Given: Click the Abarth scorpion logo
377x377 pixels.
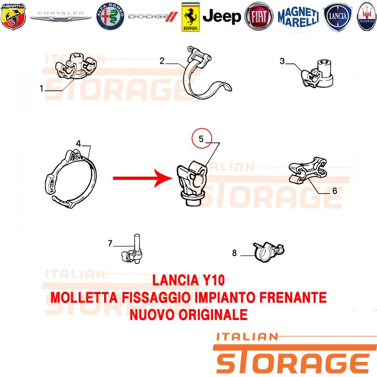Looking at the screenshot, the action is tap(13, 16).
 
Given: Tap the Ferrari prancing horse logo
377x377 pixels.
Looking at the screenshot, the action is tap(190, 17).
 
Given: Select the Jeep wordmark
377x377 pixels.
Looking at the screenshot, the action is tap(221, 16).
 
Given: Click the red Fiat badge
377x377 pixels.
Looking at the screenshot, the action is tap(259, 16).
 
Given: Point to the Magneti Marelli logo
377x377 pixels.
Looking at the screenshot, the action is tap(298, 16).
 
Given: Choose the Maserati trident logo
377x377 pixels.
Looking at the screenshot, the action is tap(367, 16).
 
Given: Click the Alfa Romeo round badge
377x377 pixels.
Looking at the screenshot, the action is tap(110, 16).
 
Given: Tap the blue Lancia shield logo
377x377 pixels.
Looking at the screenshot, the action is tap(337, 17).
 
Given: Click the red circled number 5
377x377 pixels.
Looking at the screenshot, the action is tap(202, 139).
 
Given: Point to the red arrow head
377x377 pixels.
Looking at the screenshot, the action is tap(164, 178).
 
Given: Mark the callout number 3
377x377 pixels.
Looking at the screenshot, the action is tap(282, 61).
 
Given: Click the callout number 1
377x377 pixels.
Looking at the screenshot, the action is tap(41, 89).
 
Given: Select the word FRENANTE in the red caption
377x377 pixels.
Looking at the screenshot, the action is tap(293, 298).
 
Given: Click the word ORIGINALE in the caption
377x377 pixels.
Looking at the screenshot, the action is tap(213, 315).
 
